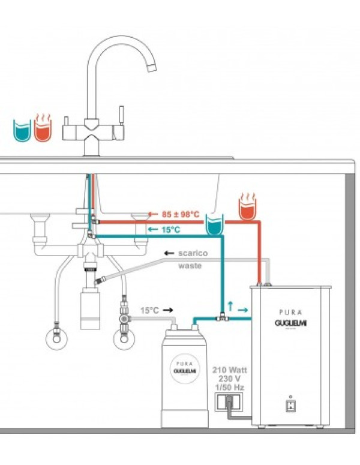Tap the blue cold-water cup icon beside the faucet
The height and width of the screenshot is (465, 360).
pos(22,130)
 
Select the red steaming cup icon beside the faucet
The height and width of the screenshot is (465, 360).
pos(43,128)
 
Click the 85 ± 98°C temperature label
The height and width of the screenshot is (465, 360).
pos(181,214)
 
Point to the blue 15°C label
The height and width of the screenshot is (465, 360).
pos(170,230)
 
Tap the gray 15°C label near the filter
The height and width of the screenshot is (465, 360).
pos(150,311)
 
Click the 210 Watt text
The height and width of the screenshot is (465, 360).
pos(229,370)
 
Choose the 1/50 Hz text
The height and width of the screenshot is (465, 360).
pos(229,388)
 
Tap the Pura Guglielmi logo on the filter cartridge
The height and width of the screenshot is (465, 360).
pos(182,367)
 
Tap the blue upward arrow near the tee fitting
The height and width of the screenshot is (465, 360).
pos(230,305)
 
